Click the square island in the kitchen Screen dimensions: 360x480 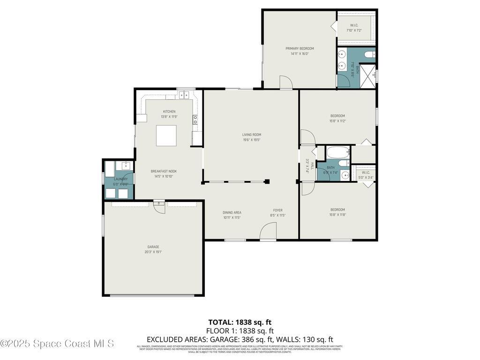pyautogui.click(x=166, y=135)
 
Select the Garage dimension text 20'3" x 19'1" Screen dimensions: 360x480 pyautogui.click(x=153, y=252)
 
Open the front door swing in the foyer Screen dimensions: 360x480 pyautogui.click(x=268, y=232)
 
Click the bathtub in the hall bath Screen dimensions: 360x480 pyautogui.click(x=337, y=152)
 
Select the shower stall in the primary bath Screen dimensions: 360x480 pyautogui.click(x=368, y=75)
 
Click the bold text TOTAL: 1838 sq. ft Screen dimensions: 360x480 pyautogui.click(x=240, y=322)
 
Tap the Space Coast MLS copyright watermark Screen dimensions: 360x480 pyautogui.click(x=57, y=344)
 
